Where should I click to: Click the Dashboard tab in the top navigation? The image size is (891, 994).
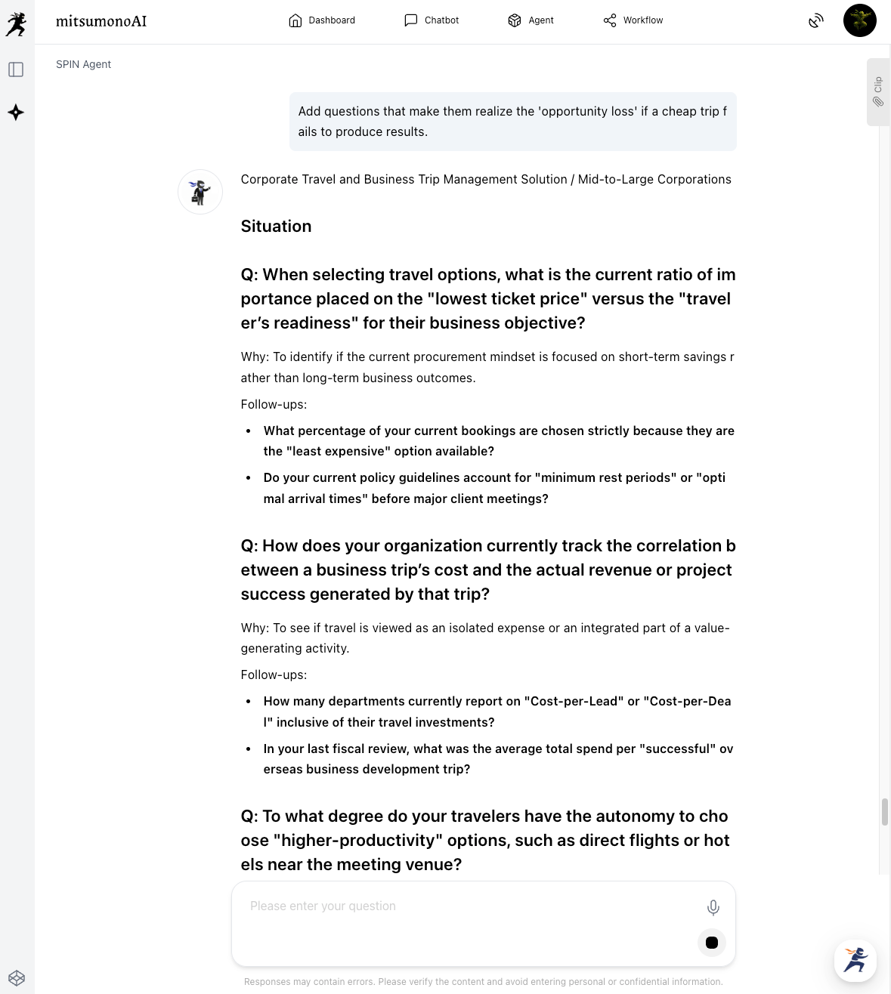(x=322, y=20)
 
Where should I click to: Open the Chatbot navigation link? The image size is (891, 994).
(x=432, y=20)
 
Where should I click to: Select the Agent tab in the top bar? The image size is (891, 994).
(x=531, y=20)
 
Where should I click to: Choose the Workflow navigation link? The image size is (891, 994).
(x=633, y=20)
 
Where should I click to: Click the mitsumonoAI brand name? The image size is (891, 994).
(x=101, y=21)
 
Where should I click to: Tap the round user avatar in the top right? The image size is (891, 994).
(x=859, y=20)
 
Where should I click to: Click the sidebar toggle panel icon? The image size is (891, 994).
(x=16, y=69)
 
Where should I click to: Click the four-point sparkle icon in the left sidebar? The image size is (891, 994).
(x=16, y=113)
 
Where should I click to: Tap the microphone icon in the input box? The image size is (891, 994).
(x=713, y=907)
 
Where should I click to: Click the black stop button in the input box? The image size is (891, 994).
(x=711, y=943)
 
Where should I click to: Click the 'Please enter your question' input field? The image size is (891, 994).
(x=469, y=906)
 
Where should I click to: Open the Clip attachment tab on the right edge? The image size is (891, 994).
(x=878, y=91)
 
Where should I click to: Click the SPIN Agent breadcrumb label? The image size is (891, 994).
(x=83, y=64)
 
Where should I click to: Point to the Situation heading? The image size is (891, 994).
(x=276, y=227)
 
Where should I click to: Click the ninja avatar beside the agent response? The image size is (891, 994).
(x=200, y=192)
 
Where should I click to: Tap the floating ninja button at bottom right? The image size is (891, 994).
(x=855, y=960)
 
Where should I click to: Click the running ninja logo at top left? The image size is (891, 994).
(x=16, y=24)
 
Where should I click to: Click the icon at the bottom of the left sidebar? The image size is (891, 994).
(x=17, y=978)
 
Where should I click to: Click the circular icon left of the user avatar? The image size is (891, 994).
(x=815, y=21)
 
